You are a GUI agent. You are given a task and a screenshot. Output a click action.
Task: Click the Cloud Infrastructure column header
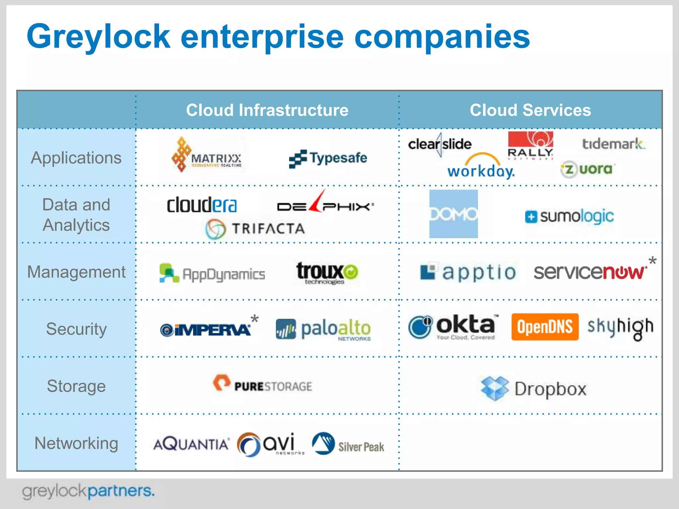[x=267, y=110]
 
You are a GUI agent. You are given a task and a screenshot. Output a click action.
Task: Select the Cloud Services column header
[x=530, y=110]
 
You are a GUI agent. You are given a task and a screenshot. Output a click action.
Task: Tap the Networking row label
[x=76, y=443]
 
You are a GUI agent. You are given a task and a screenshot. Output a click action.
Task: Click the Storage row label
[x=76, y=386]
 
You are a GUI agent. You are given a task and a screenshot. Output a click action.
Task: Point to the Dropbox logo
[x=534, y=388]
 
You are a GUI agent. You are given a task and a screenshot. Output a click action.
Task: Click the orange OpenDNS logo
[x=545, y=327]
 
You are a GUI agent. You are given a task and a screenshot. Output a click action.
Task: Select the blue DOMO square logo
[x=453, y=214]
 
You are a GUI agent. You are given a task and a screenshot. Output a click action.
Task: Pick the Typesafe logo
[x=328, y=158]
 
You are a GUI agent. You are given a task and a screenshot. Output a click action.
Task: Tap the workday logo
[x=481, y=167]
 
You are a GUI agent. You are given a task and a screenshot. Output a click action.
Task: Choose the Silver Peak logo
[x=348, y=444]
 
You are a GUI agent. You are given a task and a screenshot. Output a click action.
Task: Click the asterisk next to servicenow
[x=652, y=261]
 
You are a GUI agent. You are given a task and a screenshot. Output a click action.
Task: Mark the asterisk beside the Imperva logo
[x=254, y=319]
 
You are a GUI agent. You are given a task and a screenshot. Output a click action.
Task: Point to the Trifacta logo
[x=255, y=229]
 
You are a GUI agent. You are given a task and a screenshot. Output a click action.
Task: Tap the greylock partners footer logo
[x=88, y=491]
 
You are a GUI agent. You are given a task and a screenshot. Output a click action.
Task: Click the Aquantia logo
[x=191, y=444]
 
